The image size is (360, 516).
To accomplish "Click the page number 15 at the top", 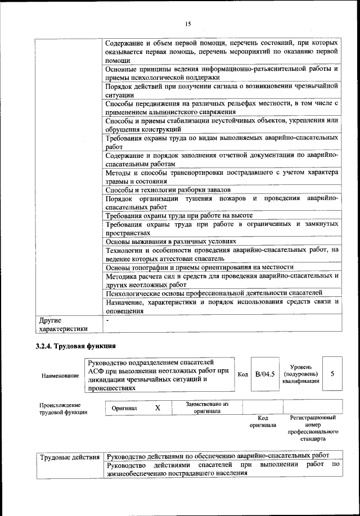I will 188,23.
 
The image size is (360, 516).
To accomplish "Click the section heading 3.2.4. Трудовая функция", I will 76,346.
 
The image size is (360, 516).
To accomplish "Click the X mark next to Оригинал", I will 157,408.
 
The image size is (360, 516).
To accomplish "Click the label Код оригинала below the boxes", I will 262,422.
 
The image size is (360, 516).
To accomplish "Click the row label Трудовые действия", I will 70,456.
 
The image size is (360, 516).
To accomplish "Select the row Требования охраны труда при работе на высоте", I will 179,215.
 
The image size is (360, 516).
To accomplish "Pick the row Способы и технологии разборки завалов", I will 168,190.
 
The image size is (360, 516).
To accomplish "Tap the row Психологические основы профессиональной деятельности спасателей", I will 214,293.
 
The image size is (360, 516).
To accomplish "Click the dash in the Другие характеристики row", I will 107,320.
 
